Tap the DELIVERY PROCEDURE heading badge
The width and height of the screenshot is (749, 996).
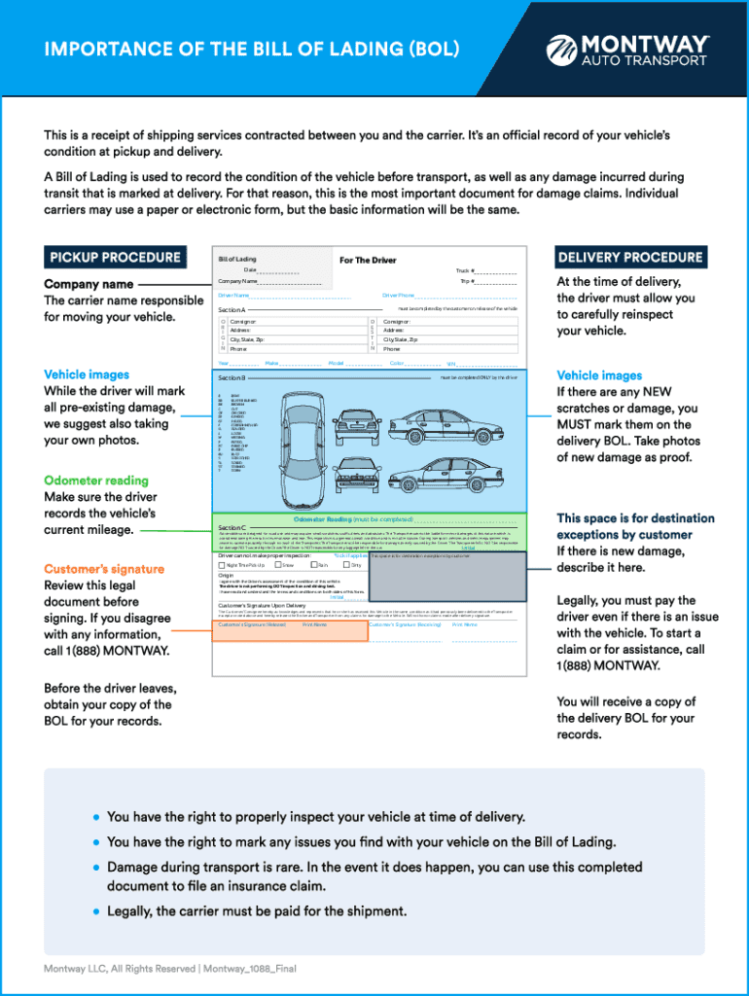[629, 258]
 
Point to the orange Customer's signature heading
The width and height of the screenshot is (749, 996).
[104, 569]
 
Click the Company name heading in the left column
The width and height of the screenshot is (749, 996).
[89, 284]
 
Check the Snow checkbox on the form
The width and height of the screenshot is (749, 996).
[279, 564]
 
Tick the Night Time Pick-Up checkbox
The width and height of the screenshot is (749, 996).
[223, 564]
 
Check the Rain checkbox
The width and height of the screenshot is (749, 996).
[314, 564]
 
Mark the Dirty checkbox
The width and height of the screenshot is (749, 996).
[347, 564]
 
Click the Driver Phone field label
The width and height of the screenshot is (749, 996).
[399, 295]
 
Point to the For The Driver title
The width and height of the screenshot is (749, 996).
[368, 260]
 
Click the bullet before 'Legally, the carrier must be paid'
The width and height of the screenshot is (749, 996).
[95, 911]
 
